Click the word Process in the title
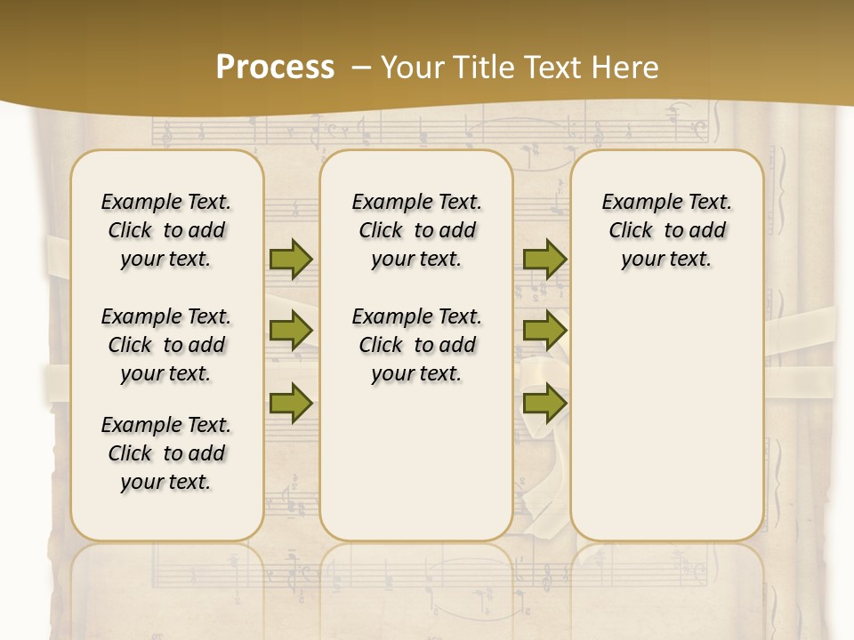point(275,68)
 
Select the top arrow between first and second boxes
point(291,259)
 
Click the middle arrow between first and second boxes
point(291,331)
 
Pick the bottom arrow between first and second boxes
point(291,403)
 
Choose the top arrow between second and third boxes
point(544,259)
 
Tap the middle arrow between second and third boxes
point(544,331)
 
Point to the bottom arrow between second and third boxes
point(544,403)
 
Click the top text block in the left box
point(166,230)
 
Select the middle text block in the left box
point(166,345)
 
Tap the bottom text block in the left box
point(166,453)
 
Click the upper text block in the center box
point(416,230)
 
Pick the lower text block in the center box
point(416,345)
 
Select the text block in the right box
point(666,230)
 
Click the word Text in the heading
point(541,68)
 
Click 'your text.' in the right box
point(666,260)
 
